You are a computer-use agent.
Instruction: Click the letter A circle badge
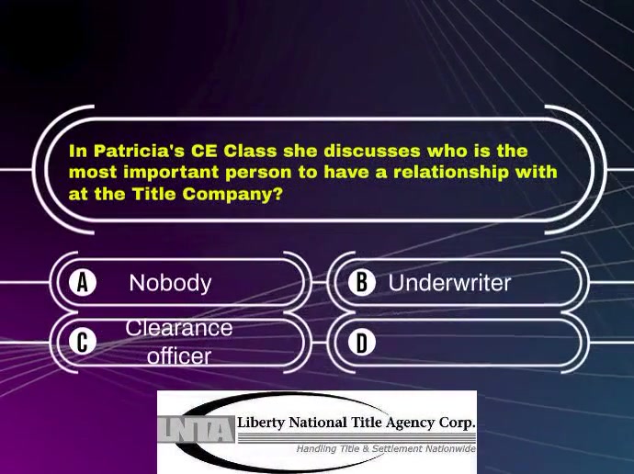coord(83,282)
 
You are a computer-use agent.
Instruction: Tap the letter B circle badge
coord(361,282)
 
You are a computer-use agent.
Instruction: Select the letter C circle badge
coord(83,342)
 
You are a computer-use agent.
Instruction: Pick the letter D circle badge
coord(361,343)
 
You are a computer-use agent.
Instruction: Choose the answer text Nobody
coord(170,283)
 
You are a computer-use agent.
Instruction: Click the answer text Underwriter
coord(449,283)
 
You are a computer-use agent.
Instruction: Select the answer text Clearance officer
coord(179,342)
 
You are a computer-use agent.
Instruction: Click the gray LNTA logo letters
coord(195,429)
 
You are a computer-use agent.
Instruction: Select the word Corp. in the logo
coord(457,423)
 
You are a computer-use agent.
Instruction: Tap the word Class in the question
coord(250,151)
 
